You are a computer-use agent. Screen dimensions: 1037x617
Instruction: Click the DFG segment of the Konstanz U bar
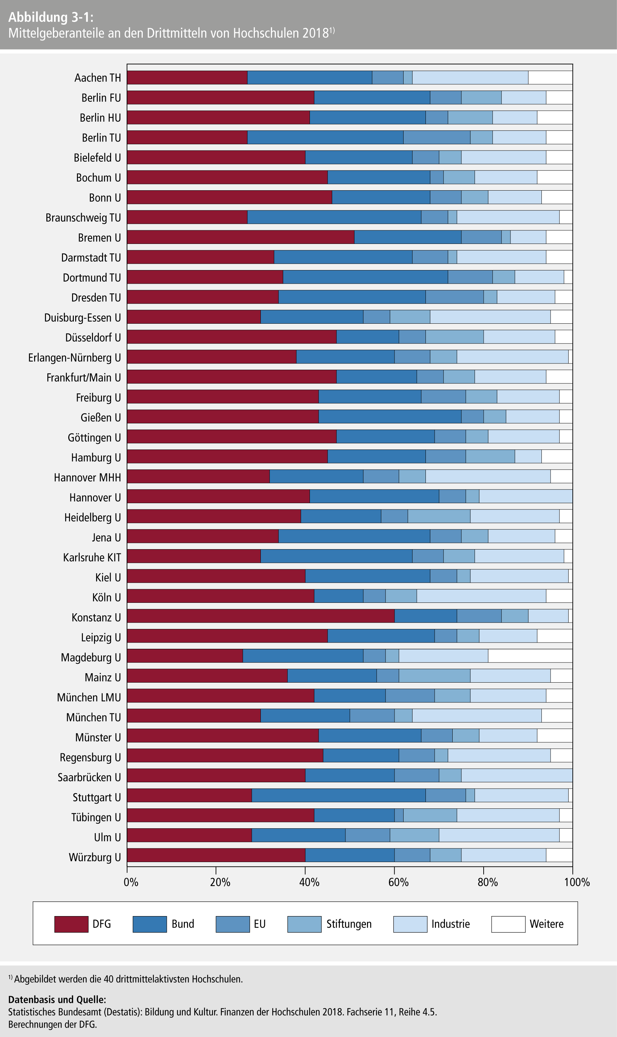click(261, 616)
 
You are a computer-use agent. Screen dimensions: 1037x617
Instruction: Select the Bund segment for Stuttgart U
click(338, 795)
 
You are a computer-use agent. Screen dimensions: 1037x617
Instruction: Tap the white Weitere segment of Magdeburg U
click(530, 655)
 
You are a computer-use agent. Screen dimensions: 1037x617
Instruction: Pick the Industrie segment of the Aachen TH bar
click(470, 77)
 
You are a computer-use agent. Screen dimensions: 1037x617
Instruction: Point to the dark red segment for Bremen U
click(240, 237)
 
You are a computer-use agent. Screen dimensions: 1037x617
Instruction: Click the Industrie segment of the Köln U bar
click(481, 596)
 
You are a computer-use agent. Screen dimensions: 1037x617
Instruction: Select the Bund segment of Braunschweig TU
click(334, 217)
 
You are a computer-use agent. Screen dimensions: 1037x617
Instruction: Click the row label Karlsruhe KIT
click(92, 558)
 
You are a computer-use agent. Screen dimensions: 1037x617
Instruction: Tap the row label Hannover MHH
click(87, 477)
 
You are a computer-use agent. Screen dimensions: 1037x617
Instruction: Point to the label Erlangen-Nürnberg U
click(75, 358)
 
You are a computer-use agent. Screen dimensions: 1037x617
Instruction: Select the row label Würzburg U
click(95, 857)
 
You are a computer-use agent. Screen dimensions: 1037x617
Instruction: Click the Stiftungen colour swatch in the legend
click(304, 924)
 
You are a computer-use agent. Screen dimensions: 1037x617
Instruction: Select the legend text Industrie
click(450, 924)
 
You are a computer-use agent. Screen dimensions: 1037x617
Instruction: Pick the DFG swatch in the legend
click(71, 924)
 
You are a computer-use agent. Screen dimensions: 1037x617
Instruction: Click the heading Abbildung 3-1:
click(51, 17)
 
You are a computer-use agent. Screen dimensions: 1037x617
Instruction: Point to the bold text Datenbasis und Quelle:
click(57, 1000)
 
